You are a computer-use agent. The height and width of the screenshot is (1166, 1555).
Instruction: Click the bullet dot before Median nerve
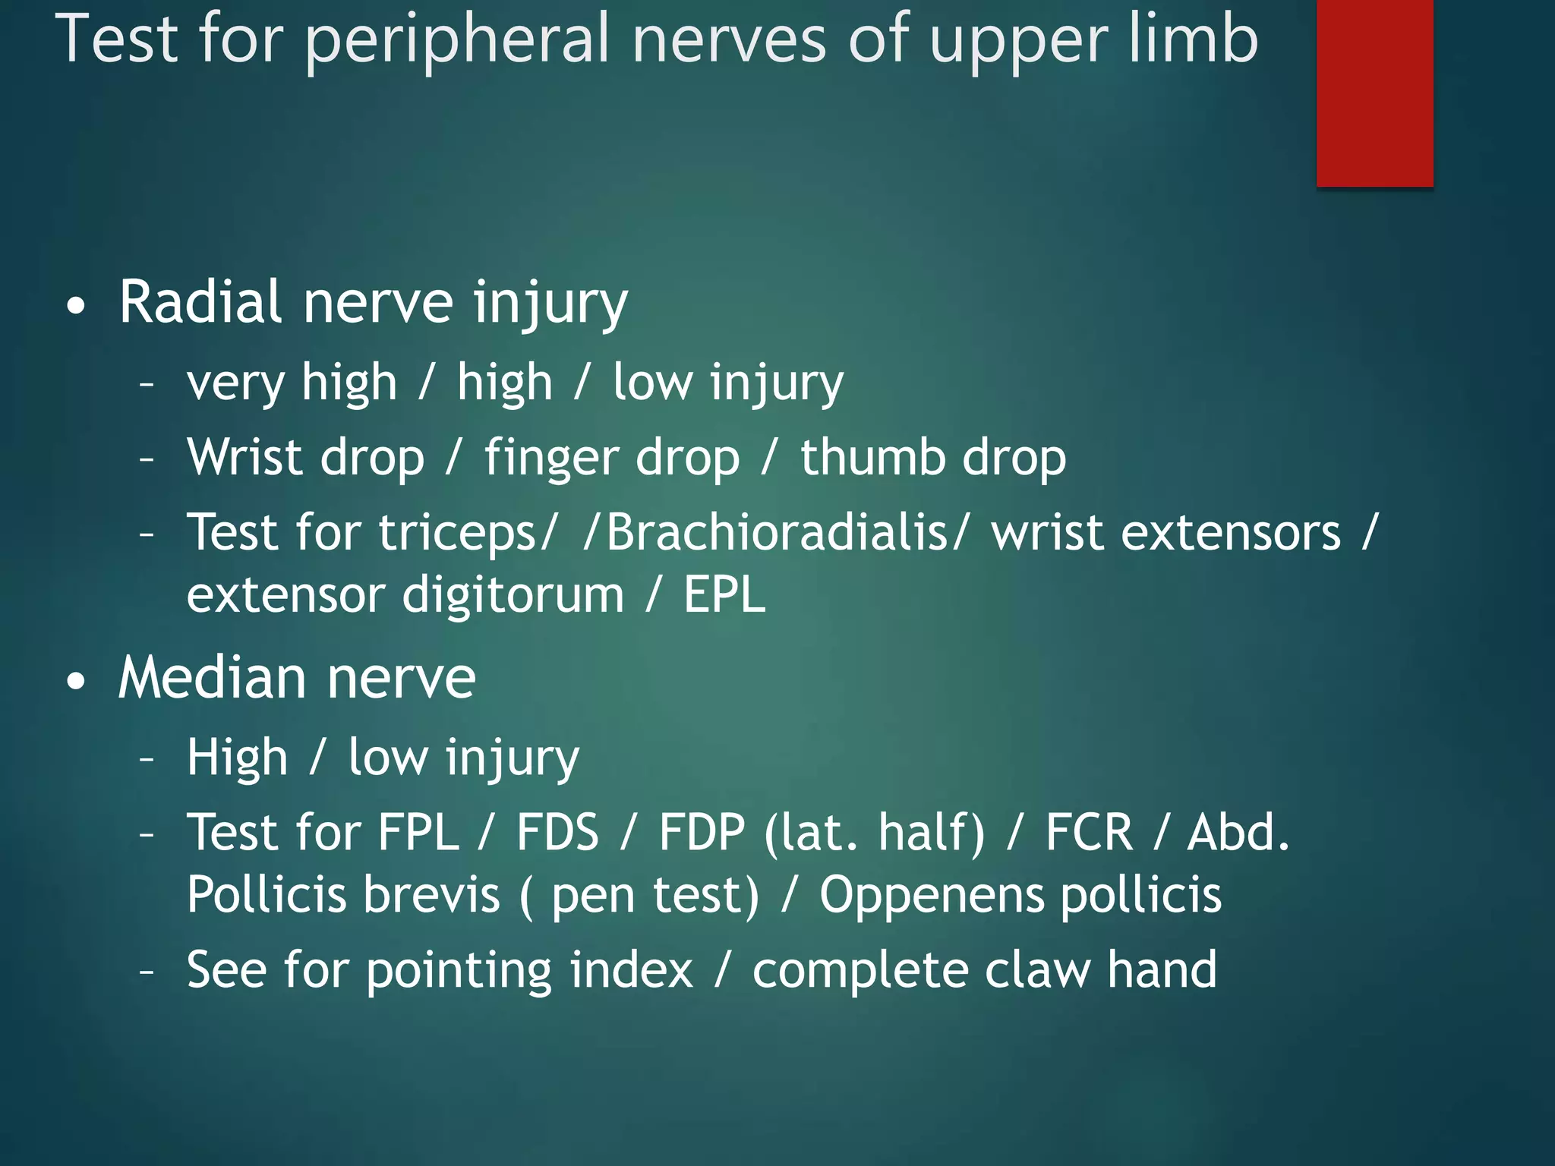[76, 681]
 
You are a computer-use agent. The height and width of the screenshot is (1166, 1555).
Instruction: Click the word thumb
[872, 457]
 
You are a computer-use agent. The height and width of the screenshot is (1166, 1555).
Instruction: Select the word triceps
[460, 533]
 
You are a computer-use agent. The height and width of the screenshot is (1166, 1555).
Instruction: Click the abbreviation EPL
[724, 594]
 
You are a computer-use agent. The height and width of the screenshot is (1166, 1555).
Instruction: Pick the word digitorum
[513, 595]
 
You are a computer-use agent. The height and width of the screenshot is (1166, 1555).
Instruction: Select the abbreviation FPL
[418, 832]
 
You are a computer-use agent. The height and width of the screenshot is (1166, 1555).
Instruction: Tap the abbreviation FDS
[557, 832]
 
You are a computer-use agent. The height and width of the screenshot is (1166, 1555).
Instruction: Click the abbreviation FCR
[1089, 832]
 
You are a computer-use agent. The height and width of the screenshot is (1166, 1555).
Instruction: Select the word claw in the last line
[1037, 970]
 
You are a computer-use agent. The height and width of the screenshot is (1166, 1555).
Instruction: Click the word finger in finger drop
[545, 459]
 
